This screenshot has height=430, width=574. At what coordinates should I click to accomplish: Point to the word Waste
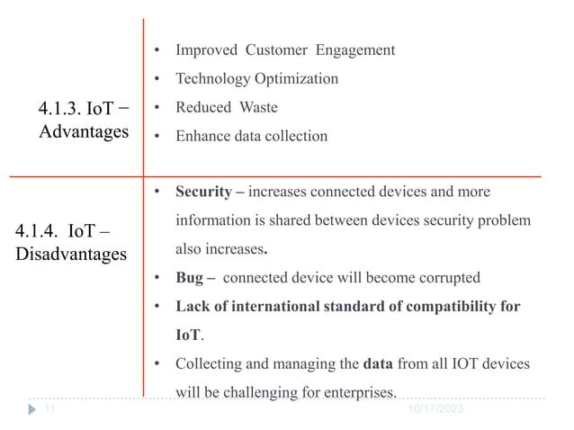[x=257, y=108]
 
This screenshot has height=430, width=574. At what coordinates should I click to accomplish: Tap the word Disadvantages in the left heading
[x=72, y=255]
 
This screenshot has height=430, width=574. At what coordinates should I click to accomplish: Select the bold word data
[x=376, y=363]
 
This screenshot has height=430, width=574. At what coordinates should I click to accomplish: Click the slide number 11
[x=50, y=408]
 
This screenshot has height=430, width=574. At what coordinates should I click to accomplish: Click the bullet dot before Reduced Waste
[x=157, y=108]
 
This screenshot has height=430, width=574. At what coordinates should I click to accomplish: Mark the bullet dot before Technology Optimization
[x=157, y=79]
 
